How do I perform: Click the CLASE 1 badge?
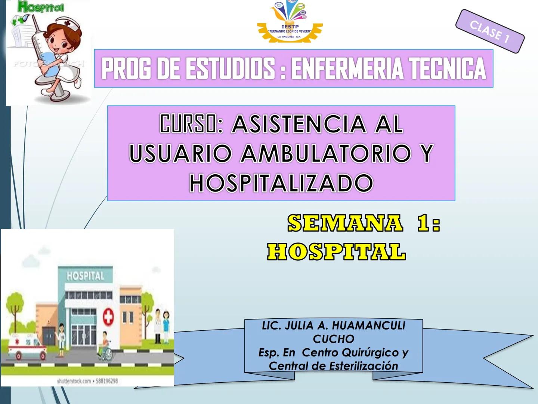pyautogui.click(x=490, y=31)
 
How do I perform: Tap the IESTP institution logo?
pyautogui.click(x=290, y=22)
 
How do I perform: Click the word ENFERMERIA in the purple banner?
pyautogui.click(x=347, y=69)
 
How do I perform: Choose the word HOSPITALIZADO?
pyautogui.click(x=281, y=183)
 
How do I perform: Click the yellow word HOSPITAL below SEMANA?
pyautogui.click(x=336, y=251)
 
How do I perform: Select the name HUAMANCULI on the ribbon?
pyautogui.click(x=368, y=326)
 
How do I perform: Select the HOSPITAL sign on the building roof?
pyautogui.click(x=85, y=276)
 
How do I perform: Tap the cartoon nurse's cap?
pyautogui.click(x=71, y=27)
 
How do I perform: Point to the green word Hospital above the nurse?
pyautogui.click(x=41, y=7)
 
